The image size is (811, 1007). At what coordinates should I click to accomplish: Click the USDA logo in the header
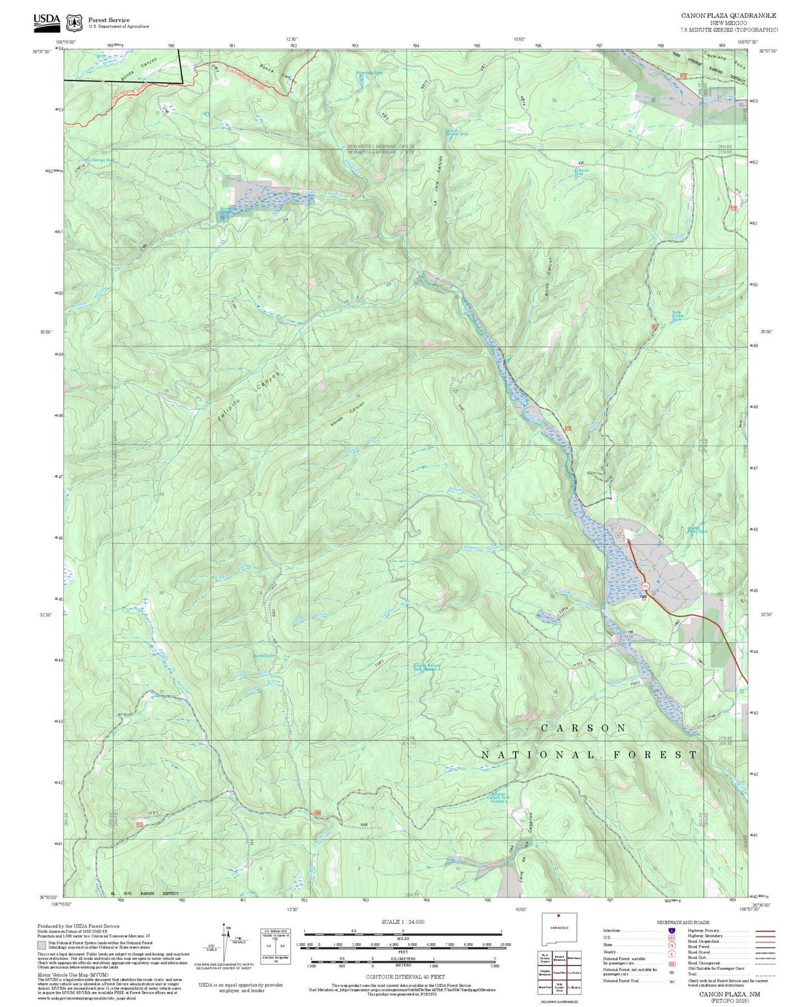click(46, 21)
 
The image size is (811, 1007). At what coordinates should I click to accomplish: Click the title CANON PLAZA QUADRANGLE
click(728, 16)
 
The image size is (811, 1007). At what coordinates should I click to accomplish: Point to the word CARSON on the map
click(583, 728)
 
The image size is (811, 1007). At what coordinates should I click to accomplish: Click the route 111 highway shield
click(645, 586)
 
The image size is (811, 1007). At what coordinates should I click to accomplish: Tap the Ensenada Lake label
click(370, 72)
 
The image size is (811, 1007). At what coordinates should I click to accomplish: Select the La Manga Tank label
click(101, 160)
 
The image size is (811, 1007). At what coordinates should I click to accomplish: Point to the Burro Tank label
click(264, 656)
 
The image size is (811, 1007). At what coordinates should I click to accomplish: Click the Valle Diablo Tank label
click(677, 315)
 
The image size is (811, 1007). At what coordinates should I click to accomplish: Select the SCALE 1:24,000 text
click(402, 922)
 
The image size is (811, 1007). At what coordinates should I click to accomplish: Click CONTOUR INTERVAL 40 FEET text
click(402, 977)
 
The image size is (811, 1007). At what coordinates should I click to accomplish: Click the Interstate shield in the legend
click(672, 931)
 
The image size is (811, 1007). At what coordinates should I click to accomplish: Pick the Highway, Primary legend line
click(765, 931)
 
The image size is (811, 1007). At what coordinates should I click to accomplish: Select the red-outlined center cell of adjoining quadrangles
click(559, 972)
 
